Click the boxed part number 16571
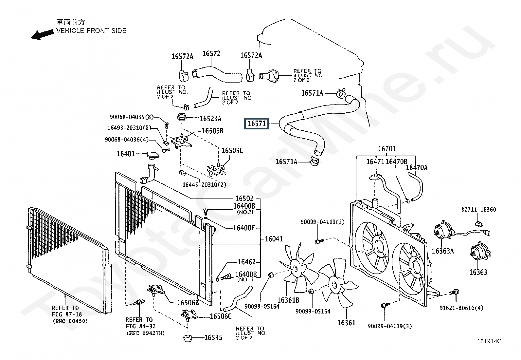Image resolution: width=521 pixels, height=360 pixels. [256, 123]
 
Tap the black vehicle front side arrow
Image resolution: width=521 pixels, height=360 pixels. [42, 35]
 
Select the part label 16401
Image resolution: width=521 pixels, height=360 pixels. [126, 154]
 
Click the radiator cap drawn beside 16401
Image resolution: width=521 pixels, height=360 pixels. [153, 155]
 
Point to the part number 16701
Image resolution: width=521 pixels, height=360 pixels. [387, 149]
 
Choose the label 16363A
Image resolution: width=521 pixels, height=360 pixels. [442, 251]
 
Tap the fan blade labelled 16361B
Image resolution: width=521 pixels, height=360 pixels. [298, 268]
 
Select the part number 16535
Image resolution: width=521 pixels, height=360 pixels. [213, 338]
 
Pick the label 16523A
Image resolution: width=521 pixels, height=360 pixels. [210, 119]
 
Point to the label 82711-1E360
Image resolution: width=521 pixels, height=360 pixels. [479, 210]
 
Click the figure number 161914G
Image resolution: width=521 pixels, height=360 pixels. [489, 341]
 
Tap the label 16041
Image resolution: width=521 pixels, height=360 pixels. [274, 239]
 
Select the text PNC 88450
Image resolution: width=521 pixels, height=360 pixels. [70, 321]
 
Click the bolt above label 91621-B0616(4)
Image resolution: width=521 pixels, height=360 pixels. [454, 292]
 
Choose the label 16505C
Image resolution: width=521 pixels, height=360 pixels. [232, 151]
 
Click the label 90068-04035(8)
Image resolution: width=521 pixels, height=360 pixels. [132, 117]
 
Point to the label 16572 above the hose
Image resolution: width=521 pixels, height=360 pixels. [211, 53]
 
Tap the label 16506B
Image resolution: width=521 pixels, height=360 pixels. [188, 303]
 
